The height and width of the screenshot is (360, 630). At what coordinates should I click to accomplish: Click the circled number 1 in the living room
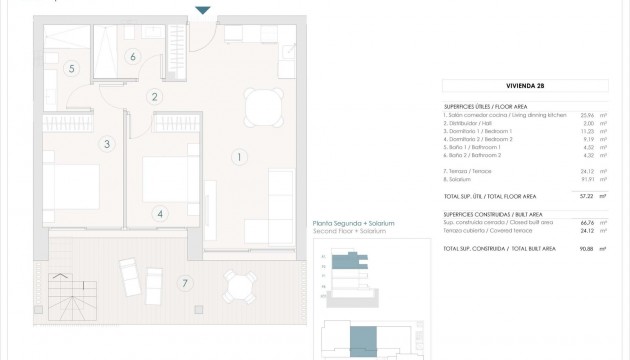[239, 156]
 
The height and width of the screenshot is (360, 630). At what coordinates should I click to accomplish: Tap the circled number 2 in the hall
[154, 97]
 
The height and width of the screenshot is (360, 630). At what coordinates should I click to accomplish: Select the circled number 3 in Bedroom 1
[105, 144]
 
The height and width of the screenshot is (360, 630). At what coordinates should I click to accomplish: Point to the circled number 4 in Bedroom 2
[159, 213]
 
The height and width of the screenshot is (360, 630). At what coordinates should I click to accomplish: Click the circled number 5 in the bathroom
[71, 69]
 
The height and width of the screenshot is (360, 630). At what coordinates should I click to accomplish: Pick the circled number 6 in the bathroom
[133, 56]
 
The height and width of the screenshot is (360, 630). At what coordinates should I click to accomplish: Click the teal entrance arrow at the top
[203, 10]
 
